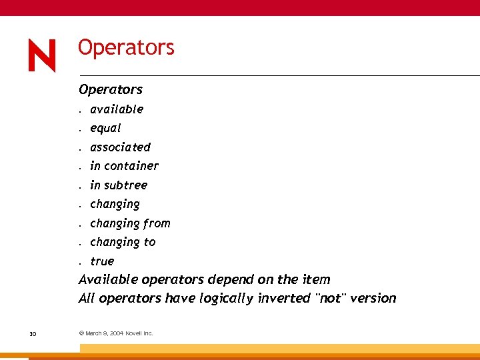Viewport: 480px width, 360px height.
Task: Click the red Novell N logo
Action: click(x=42, y=55)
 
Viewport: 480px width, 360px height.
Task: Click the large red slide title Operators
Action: click(x=126, y=47)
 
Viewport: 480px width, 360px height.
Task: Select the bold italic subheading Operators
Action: click(x=111, y=89)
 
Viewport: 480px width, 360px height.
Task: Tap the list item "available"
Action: click(x=117, y=109)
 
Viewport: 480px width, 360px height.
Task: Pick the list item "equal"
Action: click(x=105, y=128)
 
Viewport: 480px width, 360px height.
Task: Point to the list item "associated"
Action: click(x=121, y=147)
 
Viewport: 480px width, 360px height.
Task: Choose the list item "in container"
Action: click(x=124, y=166)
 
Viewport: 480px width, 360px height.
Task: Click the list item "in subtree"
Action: click(x=119, y=185)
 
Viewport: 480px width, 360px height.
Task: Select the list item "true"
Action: click(x=102, y=261)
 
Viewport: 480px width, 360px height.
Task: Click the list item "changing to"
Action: click(x=123, y=242)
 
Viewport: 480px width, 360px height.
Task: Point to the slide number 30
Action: click(x=33, y=333)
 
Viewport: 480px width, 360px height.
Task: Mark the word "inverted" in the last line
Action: click(x=283, y=298)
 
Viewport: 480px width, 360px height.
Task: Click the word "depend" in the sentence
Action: click(x=229, y=279)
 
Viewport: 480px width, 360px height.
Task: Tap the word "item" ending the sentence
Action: click(x=315, y=279)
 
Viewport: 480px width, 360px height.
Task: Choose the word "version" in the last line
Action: click(x=373, y=298)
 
